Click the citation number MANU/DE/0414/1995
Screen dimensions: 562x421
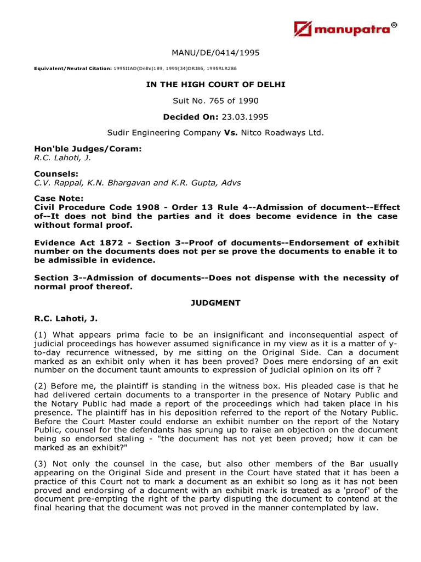215,53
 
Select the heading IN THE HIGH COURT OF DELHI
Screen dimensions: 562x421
215,85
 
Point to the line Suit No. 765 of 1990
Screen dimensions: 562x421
215,100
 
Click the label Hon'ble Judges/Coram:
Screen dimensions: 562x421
72,149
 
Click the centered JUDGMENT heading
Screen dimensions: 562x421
215,303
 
